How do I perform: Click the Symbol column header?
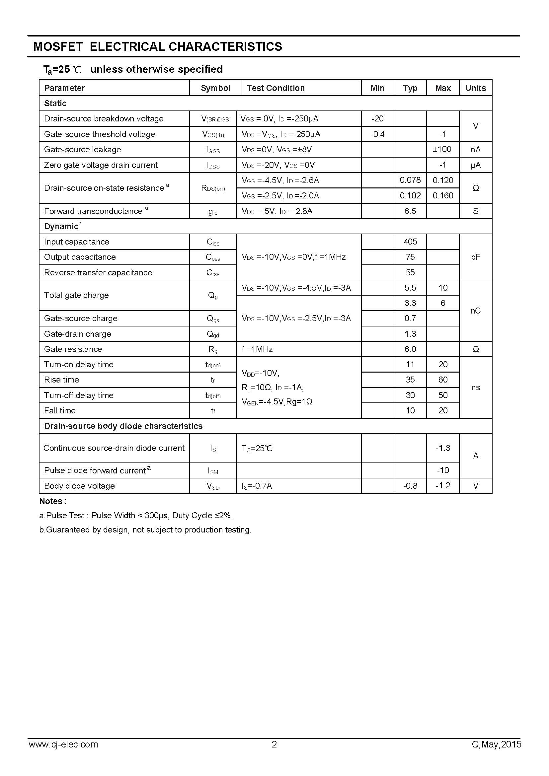[215, 88]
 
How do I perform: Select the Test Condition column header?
[275, 88]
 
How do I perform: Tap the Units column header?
[475, 88]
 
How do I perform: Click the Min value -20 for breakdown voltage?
[377, 119]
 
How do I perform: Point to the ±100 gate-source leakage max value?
[442, 149]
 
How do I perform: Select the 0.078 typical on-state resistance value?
[410, 180]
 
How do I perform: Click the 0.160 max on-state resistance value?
[442, 195]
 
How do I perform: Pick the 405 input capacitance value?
[410, 242]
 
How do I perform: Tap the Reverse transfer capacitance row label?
[98, 272]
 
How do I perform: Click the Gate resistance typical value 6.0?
[410, 349]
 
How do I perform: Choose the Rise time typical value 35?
[410, 380]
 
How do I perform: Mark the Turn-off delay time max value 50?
[442, 395]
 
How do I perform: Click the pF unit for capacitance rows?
[475, 257]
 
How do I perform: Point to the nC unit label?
[475, 311]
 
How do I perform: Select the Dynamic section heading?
[61, 227]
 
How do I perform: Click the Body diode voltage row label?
[79, 486]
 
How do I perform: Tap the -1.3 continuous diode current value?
[442, 448]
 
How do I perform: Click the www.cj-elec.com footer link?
[63, 754]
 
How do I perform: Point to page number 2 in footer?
[274, 754]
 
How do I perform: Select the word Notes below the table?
[51, 501]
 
